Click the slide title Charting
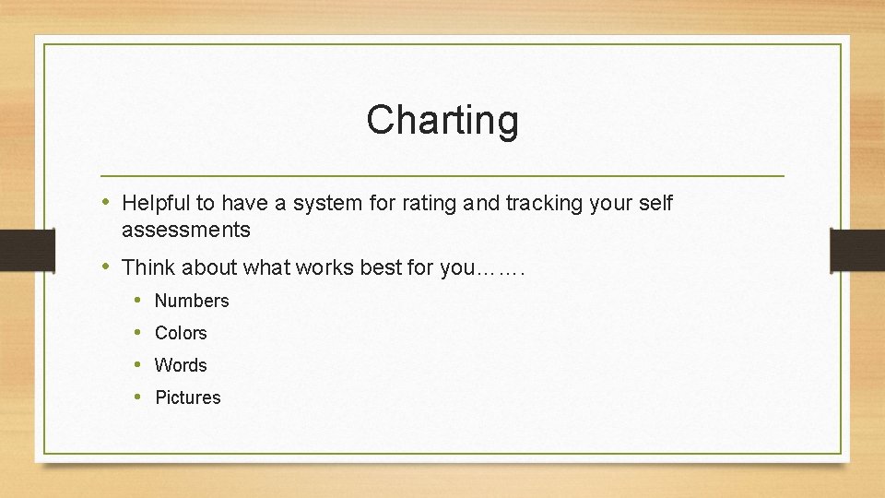[442, 120]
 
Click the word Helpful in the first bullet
[155, 203]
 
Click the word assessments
[185, 230]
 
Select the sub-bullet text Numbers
[192, 301]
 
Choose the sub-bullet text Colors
[181, 333]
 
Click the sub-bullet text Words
[181, 365]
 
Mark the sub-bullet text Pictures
[188, 397]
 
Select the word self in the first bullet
[655, 203]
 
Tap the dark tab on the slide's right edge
[856, 251]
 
